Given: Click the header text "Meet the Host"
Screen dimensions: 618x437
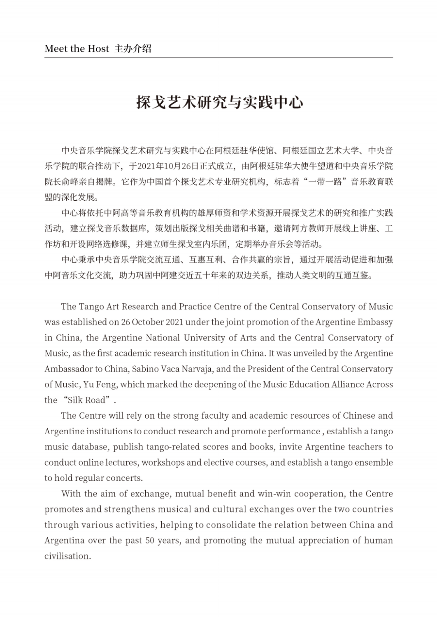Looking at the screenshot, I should tap(77, 49).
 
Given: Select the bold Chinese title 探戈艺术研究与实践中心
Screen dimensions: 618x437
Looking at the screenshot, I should tap(219, 102).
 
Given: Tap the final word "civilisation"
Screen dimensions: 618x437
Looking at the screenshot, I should tap(67, 556).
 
